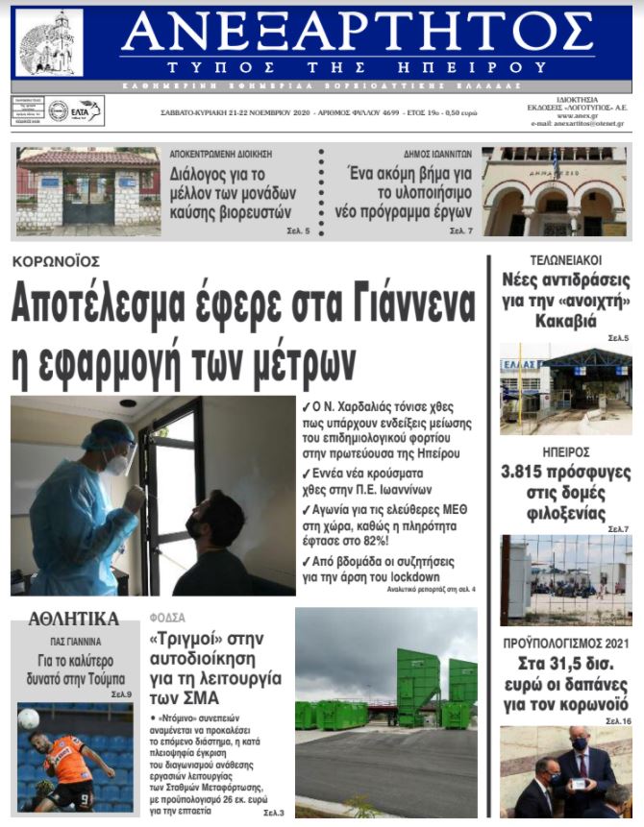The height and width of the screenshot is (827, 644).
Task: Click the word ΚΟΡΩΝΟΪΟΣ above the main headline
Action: pyautogui.click(x=56, y=261)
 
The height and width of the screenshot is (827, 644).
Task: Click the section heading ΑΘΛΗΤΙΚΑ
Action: pyautogui.click(x=73, y=619)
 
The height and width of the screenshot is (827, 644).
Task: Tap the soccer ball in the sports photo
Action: pyautogui.click(x=29, y=718)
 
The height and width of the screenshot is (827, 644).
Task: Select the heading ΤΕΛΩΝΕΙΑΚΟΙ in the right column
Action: pyautogui.click(x=565, y=260)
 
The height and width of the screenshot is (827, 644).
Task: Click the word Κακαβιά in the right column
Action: pyautogui.click(x=566, y=321)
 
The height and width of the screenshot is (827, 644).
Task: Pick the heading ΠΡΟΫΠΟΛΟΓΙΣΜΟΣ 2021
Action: pyautogui.click(x=565, y=642)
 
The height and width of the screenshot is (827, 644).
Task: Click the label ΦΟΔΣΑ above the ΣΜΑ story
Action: pyautogui.click(x=168, y=618)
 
